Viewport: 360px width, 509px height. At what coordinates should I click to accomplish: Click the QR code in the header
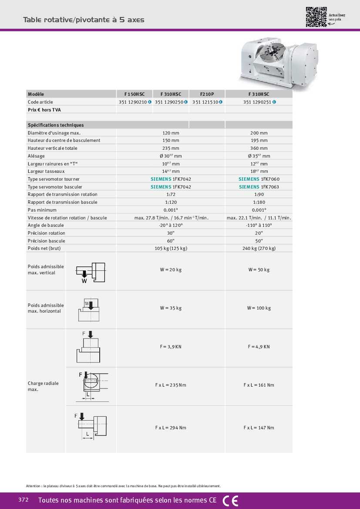[x=316, y=17]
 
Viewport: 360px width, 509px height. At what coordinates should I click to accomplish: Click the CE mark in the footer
[x=230, y=501]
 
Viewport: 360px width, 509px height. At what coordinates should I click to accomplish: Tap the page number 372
[x=24, y=500]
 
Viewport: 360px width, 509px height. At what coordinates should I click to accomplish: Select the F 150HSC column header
[x=135, y=94]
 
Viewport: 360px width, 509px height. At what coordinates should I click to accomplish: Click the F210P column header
[x=207, y=94]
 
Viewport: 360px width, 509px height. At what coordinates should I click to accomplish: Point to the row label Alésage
[x=36, y=156]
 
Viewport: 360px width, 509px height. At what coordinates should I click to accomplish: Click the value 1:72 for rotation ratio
[x=171, y=194]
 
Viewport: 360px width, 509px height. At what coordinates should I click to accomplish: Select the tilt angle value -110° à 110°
[x=259, y=225]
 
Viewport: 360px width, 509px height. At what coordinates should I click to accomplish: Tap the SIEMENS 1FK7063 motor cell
[x=259, y=187]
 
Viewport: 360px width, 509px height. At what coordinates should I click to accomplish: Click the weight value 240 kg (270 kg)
[x=259, y=248]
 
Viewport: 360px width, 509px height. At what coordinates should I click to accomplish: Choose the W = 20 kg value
[x=171, y=270]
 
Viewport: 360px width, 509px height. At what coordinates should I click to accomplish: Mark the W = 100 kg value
[x=259, y=308]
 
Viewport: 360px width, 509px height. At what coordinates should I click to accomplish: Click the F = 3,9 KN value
[x=171, y=347]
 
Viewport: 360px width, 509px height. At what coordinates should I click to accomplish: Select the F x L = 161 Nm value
[x=259, y=385]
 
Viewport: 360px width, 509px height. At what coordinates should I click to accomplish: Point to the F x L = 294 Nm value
[x=171, y=428]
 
